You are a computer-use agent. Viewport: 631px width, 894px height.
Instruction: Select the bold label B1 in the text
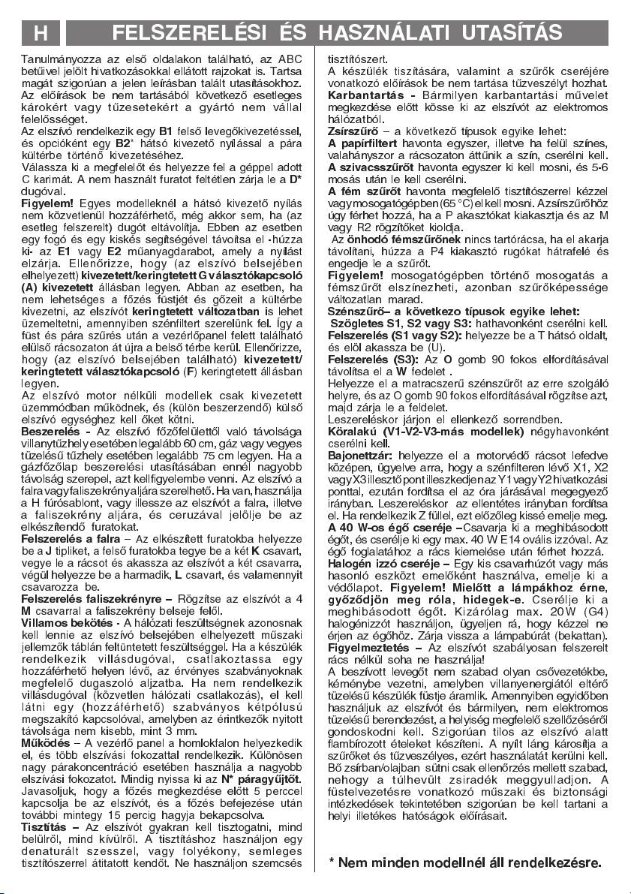166,129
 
